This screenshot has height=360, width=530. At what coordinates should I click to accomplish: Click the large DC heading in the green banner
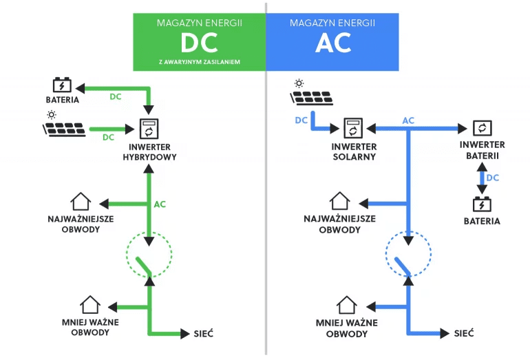click(199, 43)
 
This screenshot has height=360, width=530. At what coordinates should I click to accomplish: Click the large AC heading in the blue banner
click(333, 43)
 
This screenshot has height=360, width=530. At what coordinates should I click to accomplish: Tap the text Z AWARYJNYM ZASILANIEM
click(199, 61)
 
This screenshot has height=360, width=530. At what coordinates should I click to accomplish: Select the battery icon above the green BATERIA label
click(63, 85)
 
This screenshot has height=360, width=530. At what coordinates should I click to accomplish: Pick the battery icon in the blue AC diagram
click(481, 204)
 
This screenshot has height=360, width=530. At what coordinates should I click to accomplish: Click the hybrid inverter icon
click(149, 129)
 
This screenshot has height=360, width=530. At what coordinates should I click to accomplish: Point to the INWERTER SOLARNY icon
click(353, 128)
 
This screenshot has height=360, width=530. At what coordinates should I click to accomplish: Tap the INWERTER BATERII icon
click(482, 128)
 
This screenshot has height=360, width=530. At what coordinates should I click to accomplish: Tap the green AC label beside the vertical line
click(160, 204)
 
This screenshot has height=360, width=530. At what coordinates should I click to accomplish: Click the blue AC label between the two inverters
click(408, 120)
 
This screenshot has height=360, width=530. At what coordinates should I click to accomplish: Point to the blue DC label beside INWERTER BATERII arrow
click(493, 178)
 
